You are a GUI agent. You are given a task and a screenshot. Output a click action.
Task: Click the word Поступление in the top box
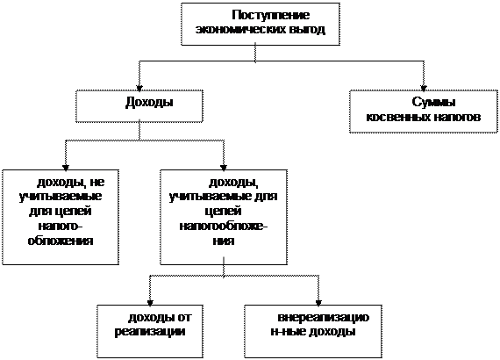(x=271, y=15)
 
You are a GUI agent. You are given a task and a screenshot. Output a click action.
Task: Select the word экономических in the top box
(x=240, y=30)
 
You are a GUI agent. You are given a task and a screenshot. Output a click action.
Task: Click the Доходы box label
(x=149, y=103)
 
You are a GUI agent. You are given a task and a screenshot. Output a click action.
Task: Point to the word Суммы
(x=433, y=103)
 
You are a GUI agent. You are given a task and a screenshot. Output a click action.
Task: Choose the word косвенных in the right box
(x=398, y=117)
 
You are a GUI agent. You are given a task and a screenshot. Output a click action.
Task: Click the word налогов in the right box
(x=457, y=117)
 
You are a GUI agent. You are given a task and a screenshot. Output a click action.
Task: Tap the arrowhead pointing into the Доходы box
(x=139, y=88)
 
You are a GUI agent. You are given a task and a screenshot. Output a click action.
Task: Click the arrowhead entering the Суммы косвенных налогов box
(x=424, y=88)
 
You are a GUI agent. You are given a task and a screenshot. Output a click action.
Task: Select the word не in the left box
(x=97, y=183)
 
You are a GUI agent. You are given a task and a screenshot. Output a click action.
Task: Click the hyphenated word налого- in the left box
(x=61, y=226)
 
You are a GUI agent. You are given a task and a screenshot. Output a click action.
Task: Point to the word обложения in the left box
(x=61, y=241)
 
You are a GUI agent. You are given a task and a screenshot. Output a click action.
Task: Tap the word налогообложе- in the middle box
(x=224, y=226)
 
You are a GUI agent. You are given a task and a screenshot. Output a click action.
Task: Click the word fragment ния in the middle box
(x=224, y=241)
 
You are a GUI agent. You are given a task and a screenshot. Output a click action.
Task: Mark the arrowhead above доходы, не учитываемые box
(x=66, y=168)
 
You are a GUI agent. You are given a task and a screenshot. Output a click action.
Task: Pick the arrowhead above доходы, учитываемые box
(x=224, y=168)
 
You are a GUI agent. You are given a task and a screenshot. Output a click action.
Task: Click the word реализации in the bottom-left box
(x=150, y=332)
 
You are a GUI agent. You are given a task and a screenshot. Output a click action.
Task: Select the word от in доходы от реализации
(x=184, y=318)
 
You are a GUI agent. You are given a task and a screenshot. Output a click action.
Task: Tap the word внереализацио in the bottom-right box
(x=324, y=318)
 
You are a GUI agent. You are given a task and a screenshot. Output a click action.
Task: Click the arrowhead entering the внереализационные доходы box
(x=318, y=303)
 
